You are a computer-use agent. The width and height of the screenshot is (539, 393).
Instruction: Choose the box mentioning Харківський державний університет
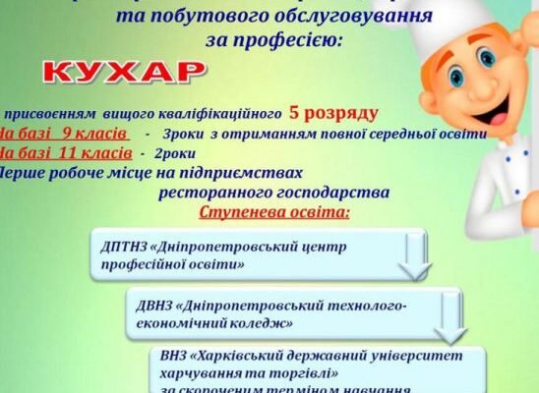(x=320, y=368)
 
